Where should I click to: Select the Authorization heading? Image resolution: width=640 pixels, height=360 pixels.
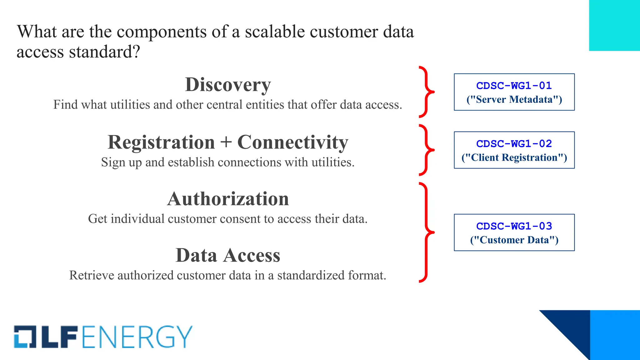pyautogui.click(x=228, y=199)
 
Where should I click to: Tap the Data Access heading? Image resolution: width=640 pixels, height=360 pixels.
pyautogui.click(x=228, y=255)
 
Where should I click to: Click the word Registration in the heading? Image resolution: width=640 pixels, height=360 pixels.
pyautogui.click(x=161, y=142)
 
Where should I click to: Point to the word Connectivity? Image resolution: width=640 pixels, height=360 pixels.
pyautogui.click(x=293, y=142)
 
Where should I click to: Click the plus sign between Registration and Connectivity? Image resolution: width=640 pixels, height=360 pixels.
pyautogui.click(x=226, y=142)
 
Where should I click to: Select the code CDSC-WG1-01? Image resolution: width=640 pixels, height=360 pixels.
pyautogui.click(x=514, y=86)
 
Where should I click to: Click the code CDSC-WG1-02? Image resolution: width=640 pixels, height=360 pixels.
pyautogui.click(x=514, y=144)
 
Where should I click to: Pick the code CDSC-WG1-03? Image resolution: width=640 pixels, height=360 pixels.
pyautogui.click(x=514, y=226)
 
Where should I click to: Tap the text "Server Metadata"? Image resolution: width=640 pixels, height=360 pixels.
pyautogui.click(x=514, y=100)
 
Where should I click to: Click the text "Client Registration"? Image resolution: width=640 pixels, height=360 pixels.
pyautogui.click(x=514, y=157)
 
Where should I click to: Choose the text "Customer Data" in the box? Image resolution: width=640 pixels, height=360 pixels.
pyautogui.click(x=514, y=240)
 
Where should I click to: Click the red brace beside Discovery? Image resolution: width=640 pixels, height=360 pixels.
pyautogui.click(x=426, y=92)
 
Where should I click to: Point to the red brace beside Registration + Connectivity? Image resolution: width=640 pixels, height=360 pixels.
pyautogui.click(x=426, y=150)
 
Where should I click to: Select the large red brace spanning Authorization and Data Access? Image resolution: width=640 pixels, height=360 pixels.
pyautogui.click(x=426, y=232)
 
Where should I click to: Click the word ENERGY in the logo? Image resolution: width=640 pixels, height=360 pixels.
pyautogui.click(x=137, y=337)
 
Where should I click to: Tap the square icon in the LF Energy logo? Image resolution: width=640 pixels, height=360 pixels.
pyautogui.click(x=25, y=337)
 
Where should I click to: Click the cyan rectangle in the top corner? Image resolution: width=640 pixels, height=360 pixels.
pyautogui.click(x=614, y=25)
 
